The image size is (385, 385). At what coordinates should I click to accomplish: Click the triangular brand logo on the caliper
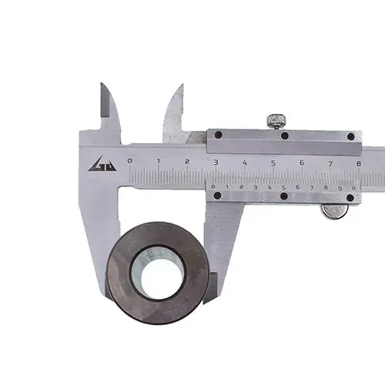(x=102, y=164)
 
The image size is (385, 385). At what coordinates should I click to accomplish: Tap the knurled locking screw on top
(x=276, y=121)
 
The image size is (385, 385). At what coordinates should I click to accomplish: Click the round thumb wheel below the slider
(x=334, y=211)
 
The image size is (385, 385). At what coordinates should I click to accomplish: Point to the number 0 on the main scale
(x=130, y=161)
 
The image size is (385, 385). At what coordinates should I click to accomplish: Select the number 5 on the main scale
(x=273, y=162)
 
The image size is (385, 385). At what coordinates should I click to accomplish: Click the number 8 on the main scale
(x=359, y=163)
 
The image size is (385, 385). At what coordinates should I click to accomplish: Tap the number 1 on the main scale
(x=159, y=161)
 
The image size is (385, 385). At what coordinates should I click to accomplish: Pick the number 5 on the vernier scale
(x=283, y=188)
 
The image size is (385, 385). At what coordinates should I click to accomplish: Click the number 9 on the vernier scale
(x=340, y=189)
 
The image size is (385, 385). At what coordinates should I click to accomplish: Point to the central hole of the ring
(x=158, y=273)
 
